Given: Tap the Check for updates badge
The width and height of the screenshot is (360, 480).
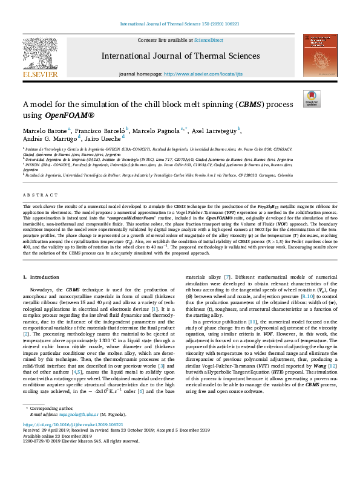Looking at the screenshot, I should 312,99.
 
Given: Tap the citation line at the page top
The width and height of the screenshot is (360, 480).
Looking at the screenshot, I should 180,25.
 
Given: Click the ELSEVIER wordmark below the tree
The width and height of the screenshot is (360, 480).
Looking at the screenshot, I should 40,74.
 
